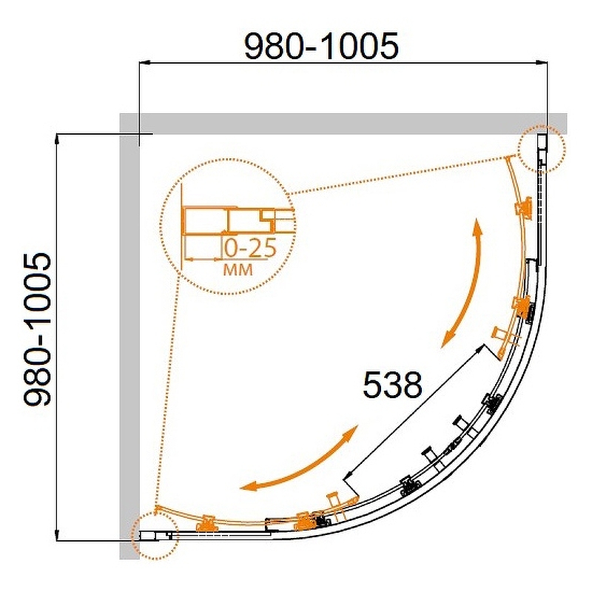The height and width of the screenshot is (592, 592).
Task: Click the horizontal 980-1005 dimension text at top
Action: (321, 46)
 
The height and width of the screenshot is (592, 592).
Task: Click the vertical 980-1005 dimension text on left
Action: (37, 329)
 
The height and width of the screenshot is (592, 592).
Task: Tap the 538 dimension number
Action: (392, 385)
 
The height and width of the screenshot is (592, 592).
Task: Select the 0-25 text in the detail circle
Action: (250, 249)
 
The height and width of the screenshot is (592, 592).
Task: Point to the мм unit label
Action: (238, 269)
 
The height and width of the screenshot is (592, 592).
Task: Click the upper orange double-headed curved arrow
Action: (467, 283)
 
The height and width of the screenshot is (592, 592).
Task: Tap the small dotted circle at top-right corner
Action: (542, 149)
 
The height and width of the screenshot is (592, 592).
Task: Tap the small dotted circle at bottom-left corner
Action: (155, 535)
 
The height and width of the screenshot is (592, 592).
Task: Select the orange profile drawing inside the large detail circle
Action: (238, 226)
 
